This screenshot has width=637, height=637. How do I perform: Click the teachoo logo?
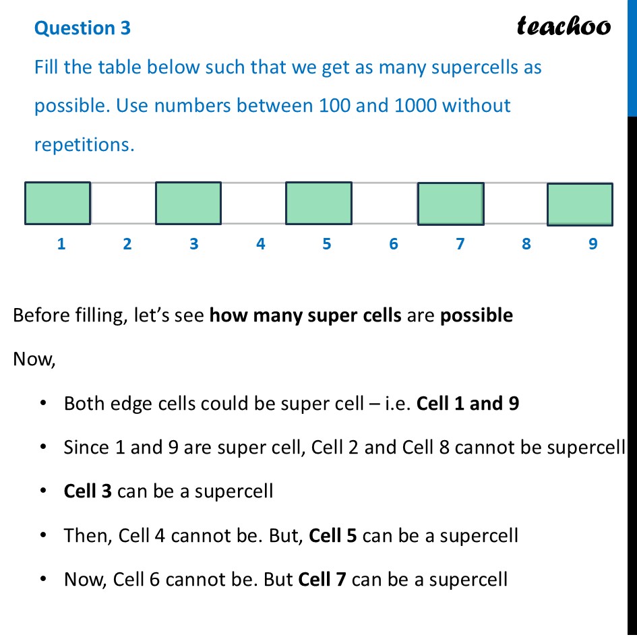point(564,26)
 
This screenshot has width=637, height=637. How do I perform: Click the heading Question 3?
point(82,28)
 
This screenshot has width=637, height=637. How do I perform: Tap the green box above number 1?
point(57,202)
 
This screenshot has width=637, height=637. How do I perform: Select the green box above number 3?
point(188,202)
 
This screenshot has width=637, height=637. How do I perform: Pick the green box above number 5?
point(319,202)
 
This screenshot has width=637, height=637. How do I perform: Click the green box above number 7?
point(450,203)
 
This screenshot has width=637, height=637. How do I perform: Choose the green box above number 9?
point(580,204)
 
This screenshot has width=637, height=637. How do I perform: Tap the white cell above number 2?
point(123,203)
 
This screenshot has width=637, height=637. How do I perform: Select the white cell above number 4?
point(253,203)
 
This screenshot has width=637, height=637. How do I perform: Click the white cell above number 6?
point(384,203)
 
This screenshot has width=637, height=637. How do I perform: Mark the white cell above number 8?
point(515,203)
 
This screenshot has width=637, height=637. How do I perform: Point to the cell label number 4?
point(260,243)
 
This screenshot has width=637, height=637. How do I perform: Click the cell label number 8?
point(526,243)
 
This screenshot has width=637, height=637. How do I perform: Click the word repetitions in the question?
point(84,144)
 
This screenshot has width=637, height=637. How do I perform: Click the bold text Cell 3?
point(88,491)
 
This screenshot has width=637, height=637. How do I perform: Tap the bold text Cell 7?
point(322,579)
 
